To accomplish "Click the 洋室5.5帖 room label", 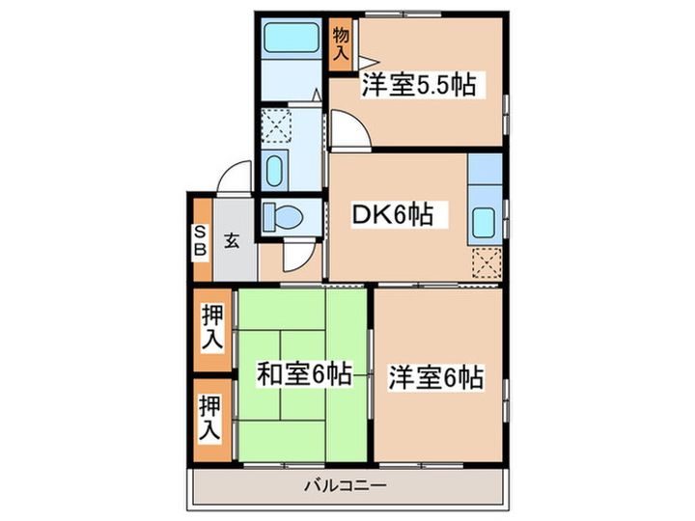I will click(418, 85).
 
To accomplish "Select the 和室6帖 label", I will click(302, 374).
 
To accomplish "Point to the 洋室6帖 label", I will click(436, 377).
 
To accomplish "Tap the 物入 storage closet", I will click(341, 45).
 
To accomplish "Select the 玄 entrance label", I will click(233, 240).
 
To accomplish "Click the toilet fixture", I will click(284, 217).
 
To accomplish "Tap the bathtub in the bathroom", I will click(291, 39).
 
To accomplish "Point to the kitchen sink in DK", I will click(484, 226).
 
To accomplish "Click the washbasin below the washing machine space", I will click(273, 170).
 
